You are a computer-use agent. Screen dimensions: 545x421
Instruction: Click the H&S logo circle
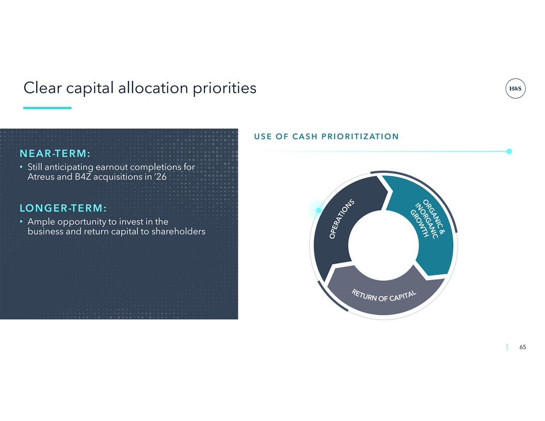tap(515, 89)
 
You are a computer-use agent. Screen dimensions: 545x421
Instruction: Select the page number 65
tap(522, 347)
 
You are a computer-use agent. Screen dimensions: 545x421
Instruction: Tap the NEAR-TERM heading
tap(55, 153)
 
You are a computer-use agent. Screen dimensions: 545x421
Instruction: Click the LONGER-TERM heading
tap(63, 208)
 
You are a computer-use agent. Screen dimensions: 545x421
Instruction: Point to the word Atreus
tap(40, 177)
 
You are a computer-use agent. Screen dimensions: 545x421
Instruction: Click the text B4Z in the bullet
tap(83, 177)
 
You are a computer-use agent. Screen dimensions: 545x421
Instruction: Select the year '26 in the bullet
tap(161, 177)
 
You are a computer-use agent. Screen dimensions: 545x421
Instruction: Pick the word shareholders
tap(178, 231)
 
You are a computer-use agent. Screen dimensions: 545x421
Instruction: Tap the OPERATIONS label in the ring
tap(342, 219)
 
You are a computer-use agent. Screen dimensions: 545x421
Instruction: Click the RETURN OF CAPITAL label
tap(384, 296)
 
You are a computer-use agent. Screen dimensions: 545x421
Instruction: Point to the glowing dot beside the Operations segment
tap(319, 210)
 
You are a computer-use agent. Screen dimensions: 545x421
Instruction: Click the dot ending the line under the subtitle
tap(509, 152)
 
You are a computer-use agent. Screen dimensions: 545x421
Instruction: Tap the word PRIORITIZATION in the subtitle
tap(360, 137)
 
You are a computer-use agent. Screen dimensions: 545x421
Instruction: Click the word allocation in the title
tap(153, 88)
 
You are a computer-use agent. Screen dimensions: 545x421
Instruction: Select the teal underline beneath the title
tap(47, 108)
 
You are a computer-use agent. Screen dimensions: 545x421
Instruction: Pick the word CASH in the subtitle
tap(305, 137)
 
